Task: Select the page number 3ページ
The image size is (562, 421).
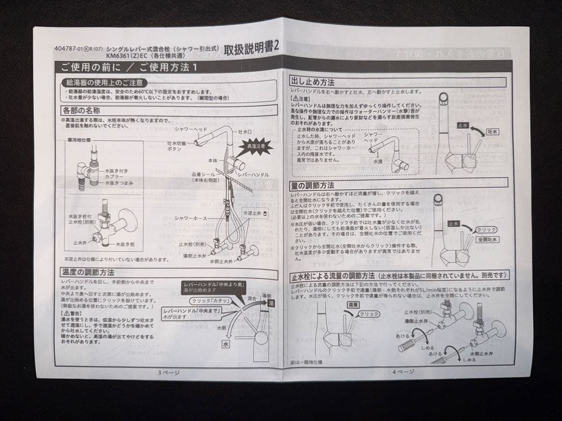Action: click(169, 372)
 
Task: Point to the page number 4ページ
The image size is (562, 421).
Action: click(403, 371)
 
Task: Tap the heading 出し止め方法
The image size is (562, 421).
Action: click(312, 82)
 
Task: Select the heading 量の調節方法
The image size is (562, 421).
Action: click(312, 185)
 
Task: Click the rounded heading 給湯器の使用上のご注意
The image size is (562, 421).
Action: click(104, 83)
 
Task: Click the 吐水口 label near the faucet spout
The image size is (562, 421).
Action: click(245, 133)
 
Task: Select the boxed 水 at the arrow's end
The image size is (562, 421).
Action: click(226, 344)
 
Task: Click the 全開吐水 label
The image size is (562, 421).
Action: click(487, 240)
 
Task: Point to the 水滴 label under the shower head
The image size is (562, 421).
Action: click(378, 162)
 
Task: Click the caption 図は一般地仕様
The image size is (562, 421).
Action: click(311, 362)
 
